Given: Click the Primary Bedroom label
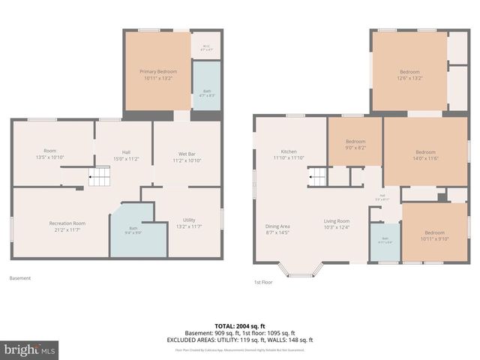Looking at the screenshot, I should pos(157,74).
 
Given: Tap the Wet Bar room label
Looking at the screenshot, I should pos(186,157).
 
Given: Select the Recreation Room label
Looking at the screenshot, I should pos(67,226).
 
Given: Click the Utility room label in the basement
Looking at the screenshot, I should pos(189,223).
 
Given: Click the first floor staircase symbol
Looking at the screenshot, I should pos(319,177).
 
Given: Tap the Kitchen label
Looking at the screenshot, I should pos(289,154).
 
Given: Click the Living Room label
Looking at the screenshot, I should pos(337,224).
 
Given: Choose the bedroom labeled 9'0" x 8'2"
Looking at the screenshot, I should pos(355,145).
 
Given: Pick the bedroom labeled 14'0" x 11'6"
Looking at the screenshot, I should pos(425,154).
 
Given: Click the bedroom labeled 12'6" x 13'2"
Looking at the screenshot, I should pos(409,74).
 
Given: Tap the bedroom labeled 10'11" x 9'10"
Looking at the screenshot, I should pos(434,235).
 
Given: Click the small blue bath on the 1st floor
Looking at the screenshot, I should pos(385,241).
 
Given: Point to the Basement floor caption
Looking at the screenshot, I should pos(20,278).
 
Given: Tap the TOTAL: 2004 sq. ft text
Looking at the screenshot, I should pos(240,326).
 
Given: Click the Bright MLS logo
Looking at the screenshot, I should pos(30,349).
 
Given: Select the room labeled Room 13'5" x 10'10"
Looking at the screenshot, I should pos(50,154).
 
